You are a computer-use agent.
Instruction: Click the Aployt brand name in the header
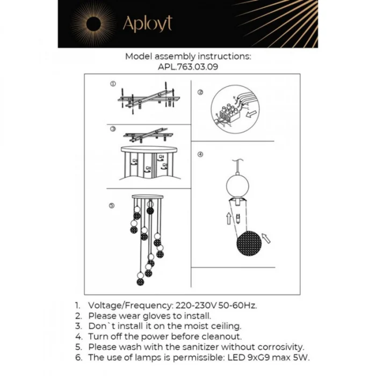[x=147, y=24]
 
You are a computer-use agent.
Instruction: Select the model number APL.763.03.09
[x=188, y=67]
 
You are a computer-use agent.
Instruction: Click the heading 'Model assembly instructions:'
[x=188, y=56]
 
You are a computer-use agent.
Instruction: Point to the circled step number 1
[x=113, y=84]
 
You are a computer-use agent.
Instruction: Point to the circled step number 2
[x=200, y=92]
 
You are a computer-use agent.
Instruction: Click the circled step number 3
[x=113, y=129]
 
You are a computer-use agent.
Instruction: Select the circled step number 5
[x=111, y=206]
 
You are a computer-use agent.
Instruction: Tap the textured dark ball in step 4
[x=249, y=243]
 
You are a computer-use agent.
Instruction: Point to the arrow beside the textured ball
[x=265, y=237]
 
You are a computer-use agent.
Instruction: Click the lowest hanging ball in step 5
[x=140, y=280]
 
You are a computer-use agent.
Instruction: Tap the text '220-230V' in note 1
[x=192, y=305]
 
